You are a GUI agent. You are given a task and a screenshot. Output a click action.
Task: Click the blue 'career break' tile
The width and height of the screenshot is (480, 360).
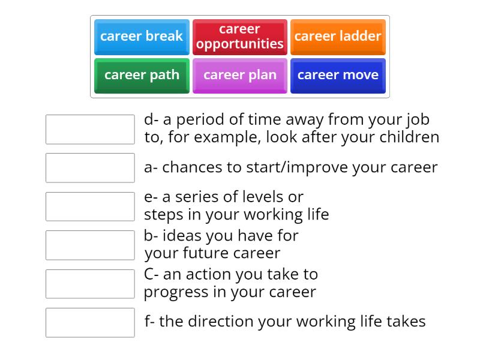pyautogui.click(x=142, y=37)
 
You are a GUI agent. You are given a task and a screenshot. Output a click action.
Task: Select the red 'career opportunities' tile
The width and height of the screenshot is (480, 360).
pyautogui.click(x=239, y=37)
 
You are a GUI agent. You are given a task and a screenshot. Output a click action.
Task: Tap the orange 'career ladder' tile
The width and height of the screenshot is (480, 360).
pyautogui.click(x=338, y=37)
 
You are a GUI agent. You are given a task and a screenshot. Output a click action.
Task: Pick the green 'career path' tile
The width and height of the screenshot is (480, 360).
pyautogui.click(x=142, y=75)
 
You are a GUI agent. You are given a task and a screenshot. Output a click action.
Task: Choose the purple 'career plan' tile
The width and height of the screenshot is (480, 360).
pyautogui.click(x=239, y=75)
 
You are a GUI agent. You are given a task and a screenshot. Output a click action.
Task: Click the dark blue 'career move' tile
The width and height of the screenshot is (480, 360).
pyautogui.click(x=338, y=75)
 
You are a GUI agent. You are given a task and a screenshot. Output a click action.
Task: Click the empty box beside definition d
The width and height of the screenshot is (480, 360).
pyautogui.click(x=90, y=130)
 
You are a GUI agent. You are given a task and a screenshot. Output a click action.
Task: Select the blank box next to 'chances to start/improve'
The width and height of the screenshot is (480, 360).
pyautogui.click(x=90, y=168)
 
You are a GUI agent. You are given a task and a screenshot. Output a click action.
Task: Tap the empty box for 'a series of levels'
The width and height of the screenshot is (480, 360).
pyautogui.click(x=90, y=206)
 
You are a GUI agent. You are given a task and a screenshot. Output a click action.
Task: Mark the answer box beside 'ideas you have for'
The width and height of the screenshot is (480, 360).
pyautogui.click(x=90, y=245)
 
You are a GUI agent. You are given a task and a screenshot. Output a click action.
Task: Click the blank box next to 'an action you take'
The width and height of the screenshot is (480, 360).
pyautogui.click(x=90, y=284)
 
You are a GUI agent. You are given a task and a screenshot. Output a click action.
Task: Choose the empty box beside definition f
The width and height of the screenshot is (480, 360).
pyautogui.click(x=90, y=322)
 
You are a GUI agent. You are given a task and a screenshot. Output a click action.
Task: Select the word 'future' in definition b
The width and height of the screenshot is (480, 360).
pyautogui.click(x=194, y=253)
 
